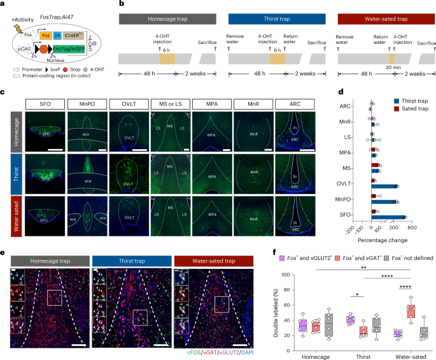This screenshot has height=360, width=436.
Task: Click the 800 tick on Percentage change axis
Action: point(411,227)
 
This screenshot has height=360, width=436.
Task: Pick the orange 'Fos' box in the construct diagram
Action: point(45,36)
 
